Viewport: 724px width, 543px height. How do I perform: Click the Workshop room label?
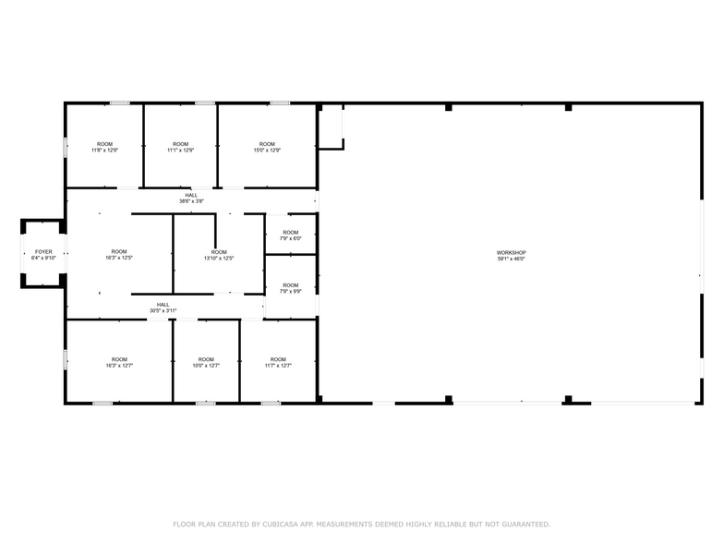511,253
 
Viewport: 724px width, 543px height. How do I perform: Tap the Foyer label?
43,251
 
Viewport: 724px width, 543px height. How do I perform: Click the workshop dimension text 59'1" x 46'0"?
511,259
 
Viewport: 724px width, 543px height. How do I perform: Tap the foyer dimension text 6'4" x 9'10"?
43,258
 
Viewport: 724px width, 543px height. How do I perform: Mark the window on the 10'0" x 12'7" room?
206,403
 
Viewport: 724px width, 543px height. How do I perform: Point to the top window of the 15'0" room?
280,103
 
